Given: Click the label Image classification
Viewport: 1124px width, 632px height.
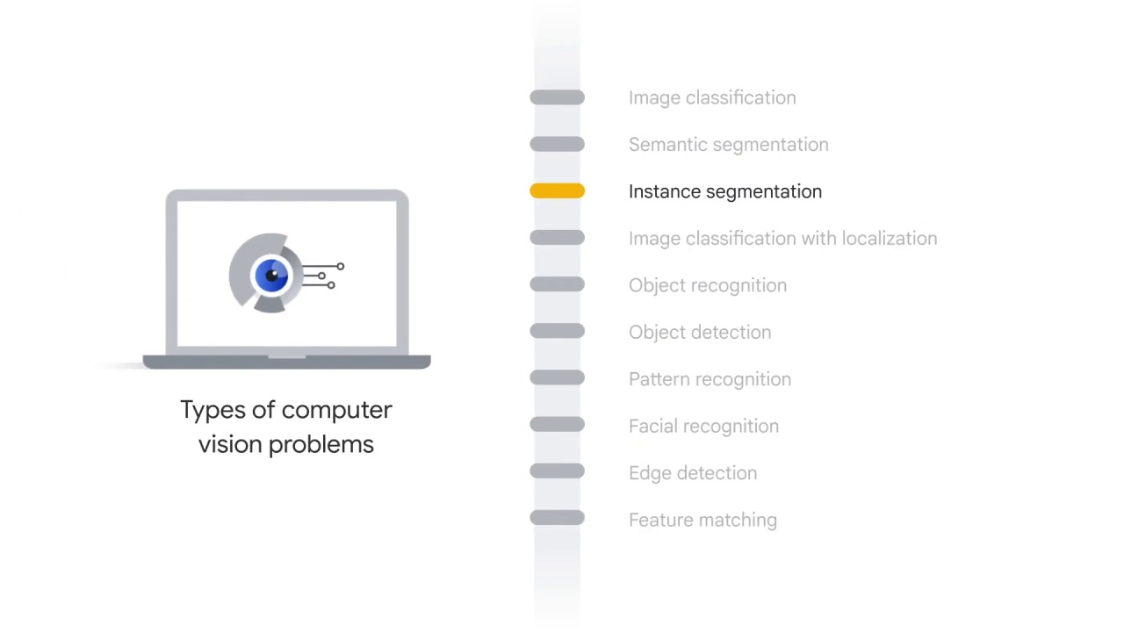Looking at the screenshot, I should [712, 97].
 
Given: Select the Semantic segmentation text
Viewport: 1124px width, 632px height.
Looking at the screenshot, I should [728, 145].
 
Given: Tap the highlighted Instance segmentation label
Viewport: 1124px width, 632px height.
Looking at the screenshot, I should [724, 191].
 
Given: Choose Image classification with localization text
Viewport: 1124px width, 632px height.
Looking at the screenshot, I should [782, 239].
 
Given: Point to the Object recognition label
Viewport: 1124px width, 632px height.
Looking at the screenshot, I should [707, 285].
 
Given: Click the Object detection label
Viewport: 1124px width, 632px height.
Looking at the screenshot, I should [699, 333].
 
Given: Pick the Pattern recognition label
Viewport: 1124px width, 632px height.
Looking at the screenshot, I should [710, 379].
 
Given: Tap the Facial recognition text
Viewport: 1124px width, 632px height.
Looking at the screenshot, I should [703, 426].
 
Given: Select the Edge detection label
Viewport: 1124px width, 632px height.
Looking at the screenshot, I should [692, 473].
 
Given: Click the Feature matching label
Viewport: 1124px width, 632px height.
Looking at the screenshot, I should [702, 520].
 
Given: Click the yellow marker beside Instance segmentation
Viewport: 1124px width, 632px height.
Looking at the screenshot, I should [557, 191].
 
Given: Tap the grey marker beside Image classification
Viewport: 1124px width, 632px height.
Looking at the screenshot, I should [557, 97].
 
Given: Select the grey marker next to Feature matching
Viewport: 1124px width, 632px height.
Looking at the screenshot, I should [557, 519].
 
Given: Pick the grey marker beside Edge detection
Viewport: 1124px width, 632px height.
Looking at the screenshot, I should [557, 472].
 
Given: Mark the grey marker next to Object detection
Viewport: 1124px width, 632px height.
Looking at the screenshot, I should [557, 332].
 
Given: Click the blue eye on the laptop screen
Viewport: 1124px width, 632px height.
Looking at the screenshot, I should [271, 276].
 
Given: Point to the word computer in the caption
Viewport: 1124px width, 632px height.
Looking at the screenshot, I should [336, 410].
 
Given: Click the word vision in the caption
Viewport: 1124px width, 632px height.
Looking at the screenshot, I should [230, 444].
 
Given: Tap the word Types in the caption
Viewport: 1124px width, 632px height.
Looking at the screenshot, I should [212, 410].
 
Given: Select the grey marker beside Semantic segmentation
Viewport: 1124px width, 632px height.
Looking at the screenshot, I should [557, 145].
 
